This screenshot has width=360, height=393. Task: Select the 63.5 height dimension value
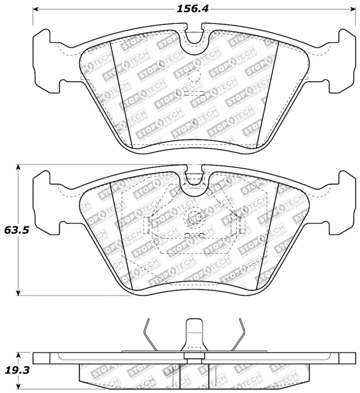coord(17,230)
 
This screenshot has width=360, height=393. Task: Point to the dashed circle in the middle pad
coord(194,218)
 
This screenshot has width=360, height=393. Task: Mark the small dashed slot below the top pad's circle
coord(194,93)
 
